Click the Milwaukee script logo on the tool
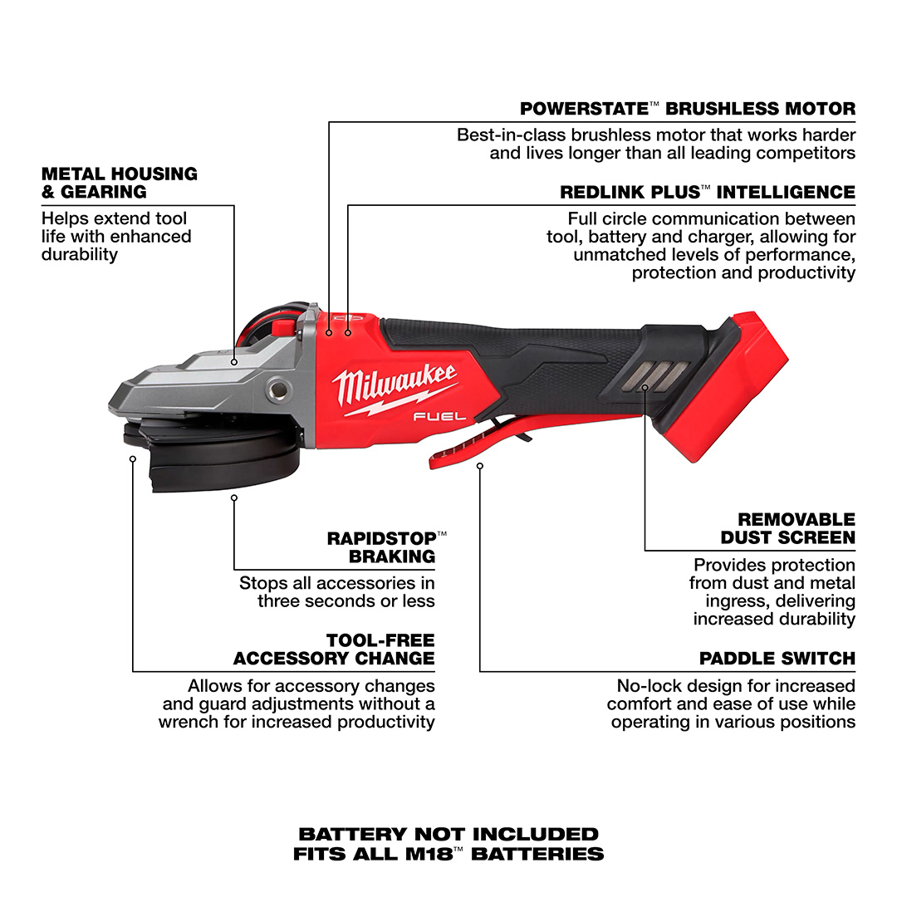pos(395,387)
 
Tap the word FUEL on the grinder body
pos(439,416)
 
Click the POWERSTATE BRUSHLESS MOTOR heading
pos(688,109)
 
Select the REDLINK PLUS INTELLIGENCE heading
pos(708,192)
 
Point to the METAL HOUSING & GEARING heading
pos(120,183)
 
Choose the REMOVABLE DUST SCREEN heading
pos(787,528)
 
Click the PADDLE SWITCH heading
pos(777,659)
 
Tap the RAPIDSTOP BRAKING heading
pos(387,547)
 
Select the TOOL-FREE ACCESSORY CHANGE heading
pos(334,649)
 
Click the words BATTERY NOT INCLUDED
pos(448,834)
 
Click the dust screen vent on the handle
pos(659,378)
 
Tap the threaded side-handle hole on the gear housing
pos(279,390)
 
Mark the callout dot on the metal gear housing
pos(234,362)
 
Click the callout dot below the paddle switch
pos(480,466)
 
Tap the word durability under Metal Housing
pos(80,255)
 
